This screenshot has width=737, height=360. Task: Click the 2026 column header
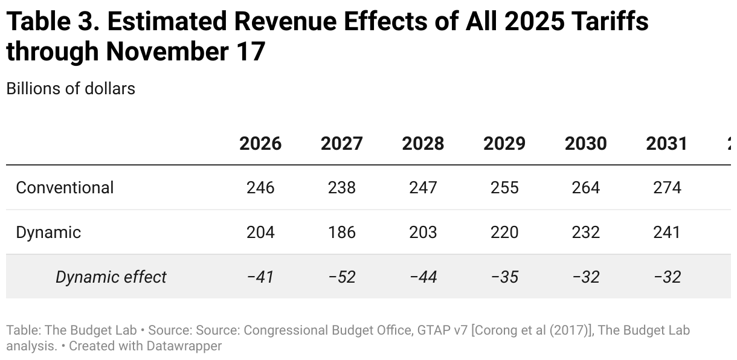260,143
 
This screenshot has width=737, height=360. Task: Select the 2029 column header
504,143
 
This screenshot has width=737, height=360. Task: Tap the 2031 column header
666,143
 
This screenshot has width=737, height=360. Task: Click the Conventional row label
65,187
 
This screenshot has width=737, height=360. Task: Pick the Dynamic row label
48,232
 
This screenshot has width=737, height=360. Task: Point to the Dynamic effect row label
111,277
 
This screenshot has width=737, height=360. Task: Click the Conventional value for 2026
260,187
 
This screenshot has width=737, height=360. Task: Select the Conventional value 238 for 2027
342,187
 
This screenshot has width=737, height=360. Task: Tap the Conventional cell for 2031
667,187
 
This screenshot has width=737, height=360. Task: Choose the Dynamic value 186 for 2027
342,232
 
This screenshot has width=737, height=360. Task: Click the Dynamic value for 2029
504,232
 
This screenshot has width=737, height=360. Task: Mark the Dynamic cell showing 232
585,232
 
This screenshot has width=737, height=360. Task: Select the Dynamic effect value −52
342,277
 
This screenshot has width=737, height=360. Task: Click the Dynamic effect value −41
260,277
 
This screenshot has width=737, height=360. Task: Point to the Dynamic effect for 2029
504,277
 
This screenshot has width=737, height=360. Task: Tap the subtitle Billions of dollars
71,88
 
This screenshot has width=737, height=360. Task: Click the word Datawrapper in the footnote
184,346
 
